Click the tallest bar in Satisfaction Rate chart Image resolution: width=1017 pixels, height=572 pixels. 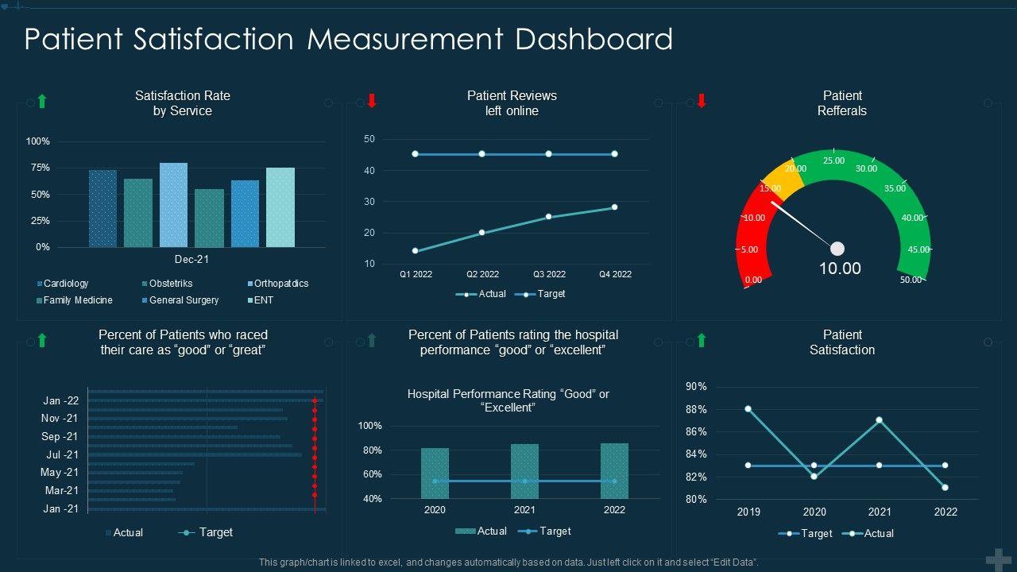[x=173, y=204]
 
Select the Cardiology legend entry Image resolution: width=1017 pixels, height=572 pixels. [x=65, y=284]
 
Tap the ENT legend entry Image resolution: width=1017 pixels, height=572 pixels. [x=264, y=300]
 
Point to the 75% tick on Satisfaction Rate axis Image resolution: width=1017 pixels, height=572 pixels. [x=39, y=168]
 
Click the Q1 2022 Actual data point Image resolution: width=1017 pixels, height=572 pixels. [x=415, y=251]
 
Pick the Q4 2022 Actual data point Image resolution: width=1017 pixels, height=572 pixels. [x=614, y=207]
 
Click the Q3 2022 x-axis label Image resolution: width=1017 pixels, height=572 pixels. [x=549, y=274]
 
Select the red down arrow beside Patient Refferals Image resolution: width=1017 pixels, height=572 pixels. [x=701, y=101]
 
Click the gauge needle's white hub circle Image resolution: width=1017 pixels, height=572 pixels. [x=837, y=249]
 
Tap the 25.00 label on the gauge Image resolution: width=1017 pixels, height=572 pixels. [x=833, y=160]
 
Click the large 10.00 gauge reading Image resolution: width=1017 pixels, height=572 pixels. [x=840, y=269]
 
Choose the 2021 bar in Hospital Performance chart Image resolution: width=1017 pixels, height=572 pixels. [x=524, y=470]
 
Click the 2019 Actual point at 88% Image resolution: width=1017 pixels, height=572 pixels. [x=748, y=409]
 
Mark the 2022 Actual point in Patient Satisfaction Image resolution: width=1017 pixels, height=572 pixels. [x=945, y=487]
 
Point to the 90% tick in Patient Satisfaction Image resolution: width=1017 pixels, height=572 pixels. [x=696, y=387]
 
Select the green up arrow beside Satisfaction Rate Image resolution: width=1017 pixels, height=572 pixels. [x=42, y=101]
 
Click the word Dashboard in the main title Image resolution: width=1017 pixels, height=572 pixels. [x=594, y=39]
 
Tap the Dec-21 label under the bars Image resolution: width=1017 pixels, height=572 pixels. [x=191, y=259]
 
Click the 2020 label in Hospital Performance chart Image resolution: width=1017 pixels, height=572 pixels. [x=435, y=510]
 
